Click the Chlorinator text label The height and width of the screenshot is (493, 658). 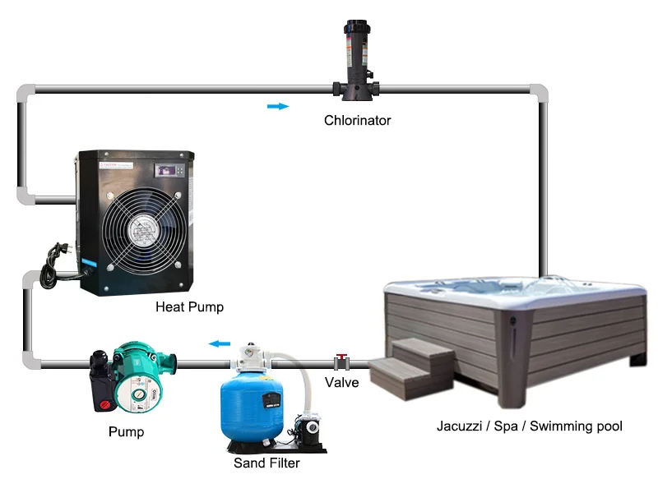357,120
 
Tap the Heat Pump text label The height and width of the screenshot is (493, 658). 189,306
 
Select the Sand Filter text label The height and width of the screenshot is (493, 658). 266,463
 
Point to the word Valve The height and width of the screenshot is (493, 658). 341,382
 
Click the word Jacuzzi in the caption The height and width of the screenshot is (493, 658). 459,426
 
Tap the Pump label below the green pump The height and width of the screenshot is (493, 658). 126,432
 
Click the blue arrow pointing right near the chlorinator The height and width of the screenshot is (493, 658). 278,107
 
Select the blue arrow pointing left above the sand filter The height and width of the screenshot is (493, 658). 220,344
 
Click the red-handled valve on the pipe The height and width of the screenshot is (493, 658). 341,362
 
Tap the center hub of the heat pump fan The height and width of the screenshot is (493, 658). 143,230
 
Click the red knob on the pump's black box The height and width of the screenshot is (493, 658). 104,405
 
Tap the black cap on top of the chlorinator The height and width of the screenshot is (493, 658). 357,27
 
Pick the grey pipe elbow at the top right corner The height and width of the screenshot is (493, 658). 539,92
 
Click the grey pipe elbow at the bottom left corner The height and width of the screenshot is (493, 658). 30,361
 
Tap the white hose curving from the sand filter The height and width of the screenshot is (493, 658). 303,377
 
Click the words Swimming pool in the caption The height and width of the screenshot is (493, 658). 576,426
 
